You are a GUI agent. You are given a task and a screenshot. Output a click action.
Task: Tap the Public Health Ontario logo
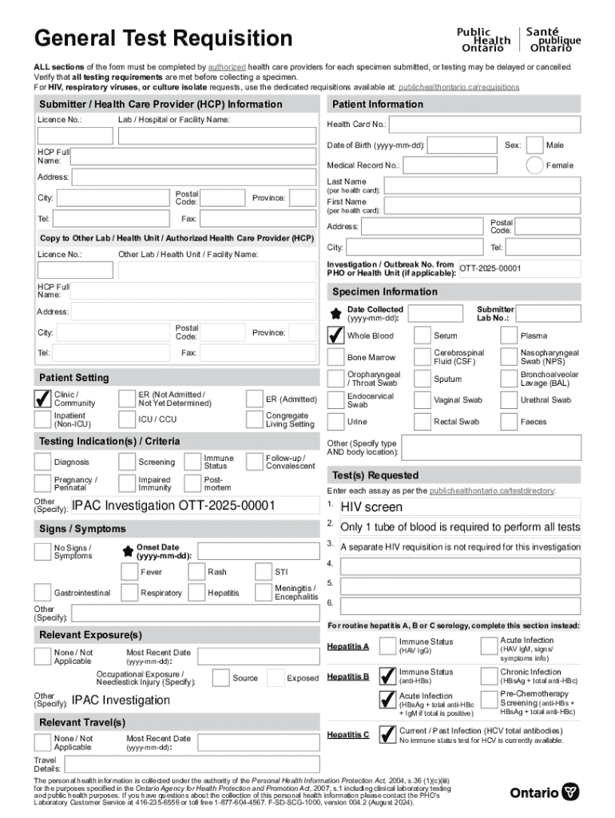pyautogui.click(x=518, y=39)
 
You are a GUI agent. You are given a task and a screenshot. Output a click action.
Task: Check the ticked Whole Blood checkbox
pyautogui.click(x=335, y=336)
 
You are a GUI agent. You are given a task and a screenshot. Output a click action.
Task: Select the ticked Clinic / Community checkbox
pyautogui.click(x=42, y=399)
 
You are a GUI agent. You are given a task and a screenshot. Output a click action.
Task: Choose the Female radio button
pyautogui.click(x=535, y=165)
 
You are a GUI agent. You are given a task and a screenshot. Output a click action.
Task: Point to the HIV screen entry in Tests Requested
pyautogui.click(x=371, y=507)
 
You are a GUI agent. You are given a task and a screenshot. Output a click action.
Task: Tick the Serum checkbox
pyautogui.click(x=422, y=336)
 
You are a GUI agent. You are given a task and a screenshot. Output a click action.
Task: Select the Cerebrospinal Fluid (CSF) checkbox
pyautogui.click(x=422, y=357)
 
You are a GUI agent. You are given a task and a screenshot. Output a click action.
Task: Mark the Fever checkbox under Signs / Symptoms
pyautogui.click(x=129, y=572)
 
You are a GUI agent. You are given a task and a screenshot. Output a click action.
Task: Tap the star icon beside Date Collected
pyautogui.click(x=335, y=313)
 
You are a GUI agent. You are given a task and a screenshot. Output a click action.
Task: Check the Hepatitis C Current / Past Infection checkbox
pyautogui.click(x=387, y=734)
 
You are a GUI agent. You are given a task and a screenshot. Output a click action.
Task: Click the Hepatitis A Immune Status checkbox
pyautogui.click(x=387, y=646)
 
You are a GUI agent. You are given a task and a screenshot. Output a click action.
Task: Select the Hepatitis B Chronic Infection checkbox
pyautogui.click(x=488, y=677)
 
